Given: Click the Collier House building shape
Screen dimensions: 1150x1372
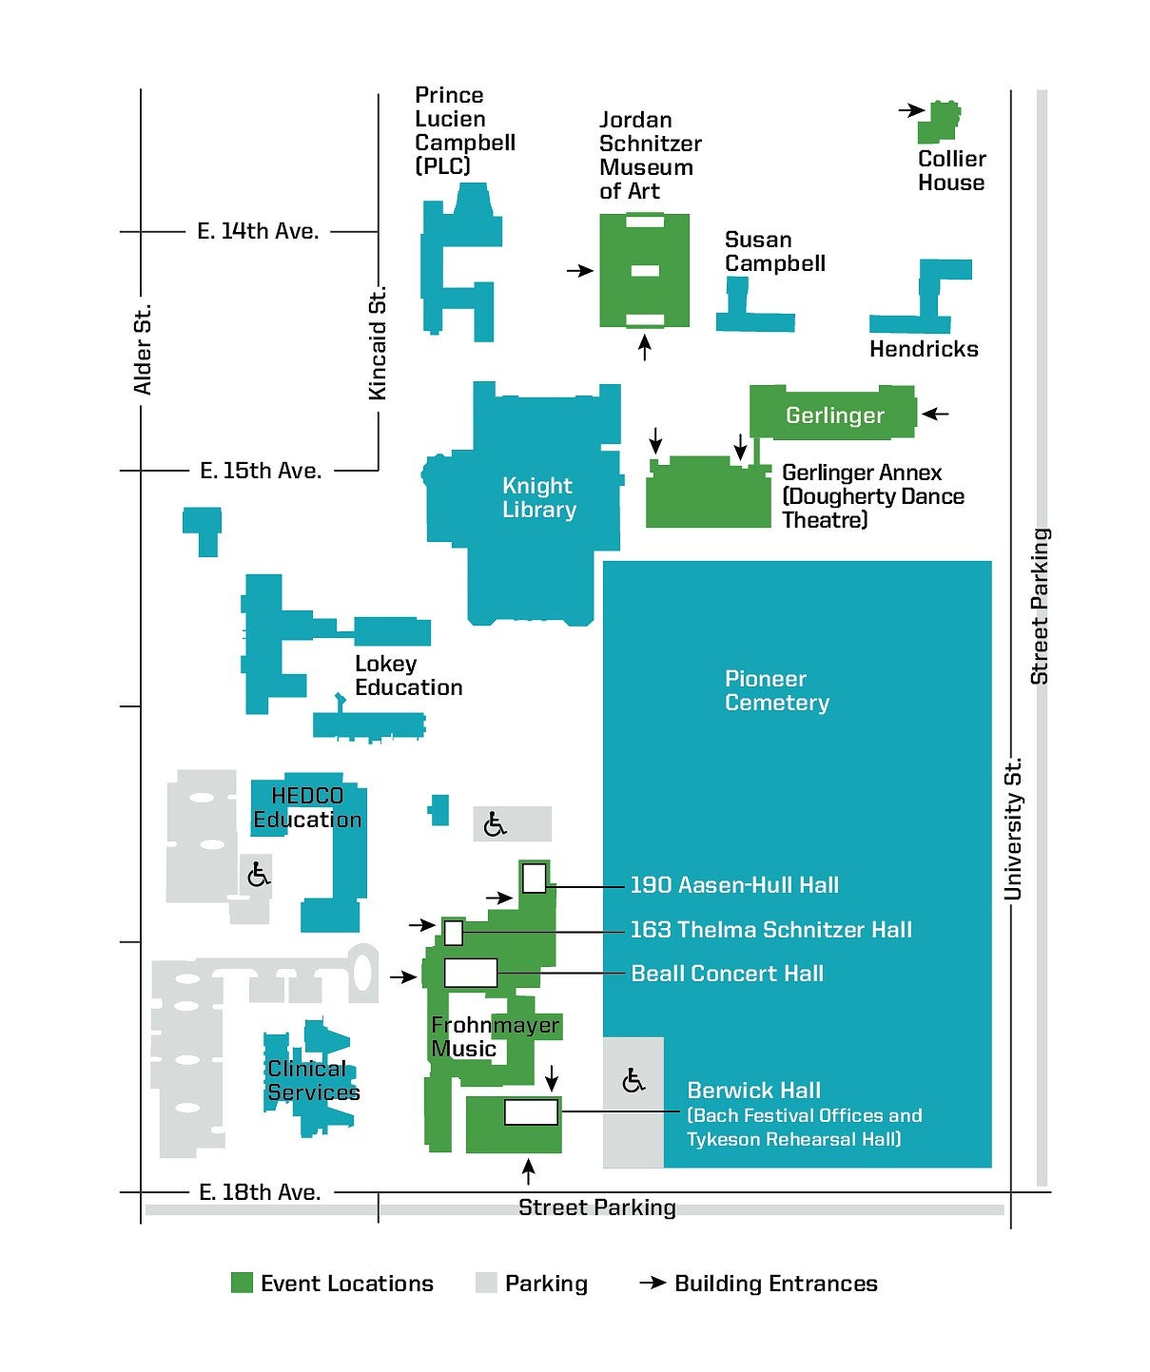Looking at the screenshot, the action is click(938, 123).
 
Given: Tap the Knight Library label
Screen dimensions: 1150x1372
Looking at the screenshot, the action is click(539, 497).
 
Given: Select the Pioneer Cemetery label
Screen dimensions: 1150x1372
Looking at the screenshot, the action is click(776, 690).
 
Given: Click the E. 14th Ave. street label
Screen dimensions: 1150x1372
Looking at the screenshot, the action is click(258, 231).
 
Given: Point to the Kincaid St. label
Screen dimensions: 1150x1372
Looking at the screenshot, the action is click(378, 343).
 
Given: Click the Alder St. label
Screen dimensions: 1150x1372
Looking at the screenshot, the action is click(143, 349).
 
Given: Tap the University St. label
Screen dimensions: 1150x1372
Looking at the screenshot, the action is click(1013, 828).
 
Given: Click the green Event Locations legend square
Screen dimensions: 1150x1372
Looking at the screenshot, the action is click(242, 1283).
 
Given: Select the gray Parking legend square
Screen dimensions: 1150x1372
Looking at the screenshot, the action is click(486, 1283).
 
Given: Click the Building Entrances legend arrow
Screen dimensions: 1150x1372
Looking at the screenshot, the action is click(653, 1282).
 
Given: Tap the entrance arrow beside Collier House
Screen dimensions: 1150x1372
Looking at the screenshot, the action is click(911, 110).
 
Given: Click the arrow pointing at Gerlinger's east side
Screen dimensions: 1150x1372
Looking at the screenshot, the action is click(935, 414).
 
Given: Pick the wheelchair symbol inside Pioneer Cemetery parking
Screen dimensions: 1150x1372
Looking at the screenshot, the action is click(633, 1081).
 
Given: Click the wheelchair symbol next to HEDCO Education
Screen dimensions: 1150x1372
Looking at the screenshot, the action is click(259, 875).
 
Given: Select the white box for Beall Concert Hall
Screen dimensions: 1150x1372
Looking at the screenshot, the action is click(471, 973).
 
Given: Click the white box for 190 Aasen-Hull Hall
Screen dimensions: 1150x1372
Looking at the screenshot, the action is click(534, 878).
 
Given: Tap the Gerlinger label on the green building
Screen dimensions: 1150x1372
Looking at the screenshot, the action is click(835, 415).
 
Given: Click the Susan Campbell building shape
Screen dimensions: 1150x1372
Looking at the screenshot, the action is click(755, 305).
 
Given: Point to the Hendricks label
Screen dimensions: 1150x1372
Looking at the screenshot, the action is click(924, 349).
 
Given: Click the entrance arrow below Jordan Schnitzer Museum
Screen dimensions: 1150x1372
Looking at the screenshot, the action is click(645, 348).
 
